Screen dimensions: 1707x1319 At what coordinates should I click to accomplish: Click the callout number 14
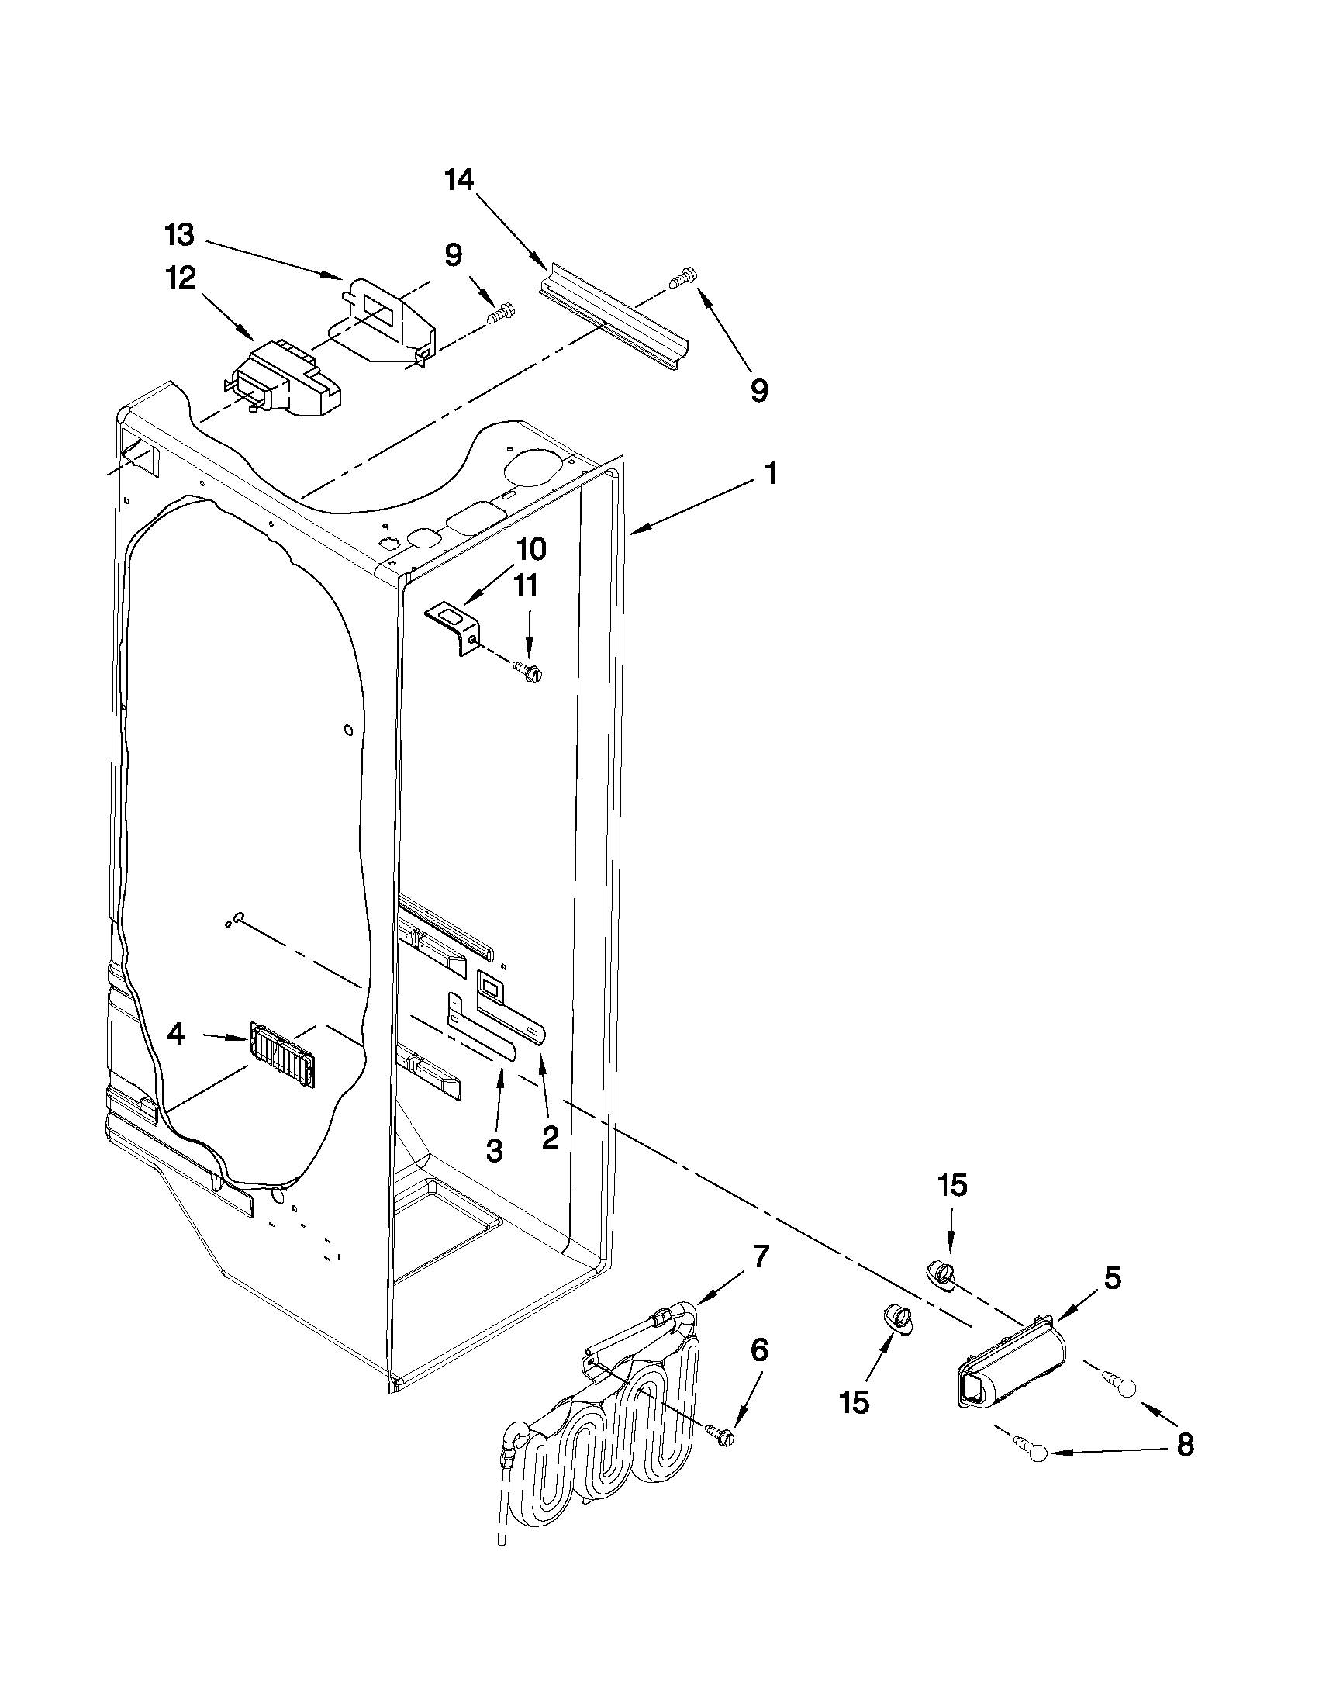click(459, 181)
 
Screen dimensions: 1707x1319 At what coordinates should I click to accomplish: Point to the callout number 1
click(771, 473)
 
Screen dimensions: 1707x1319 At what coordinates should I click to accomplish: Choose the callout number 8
click(1184, 1445)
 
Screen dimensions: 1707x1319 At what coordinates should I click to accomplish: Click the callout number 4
click(176, 1035)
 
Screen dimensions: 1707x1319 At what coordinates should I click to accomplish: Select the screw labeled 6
click(721, 1432)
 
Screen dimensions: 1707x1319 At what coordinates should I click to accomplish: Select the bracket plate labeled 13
click(383, 320)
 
